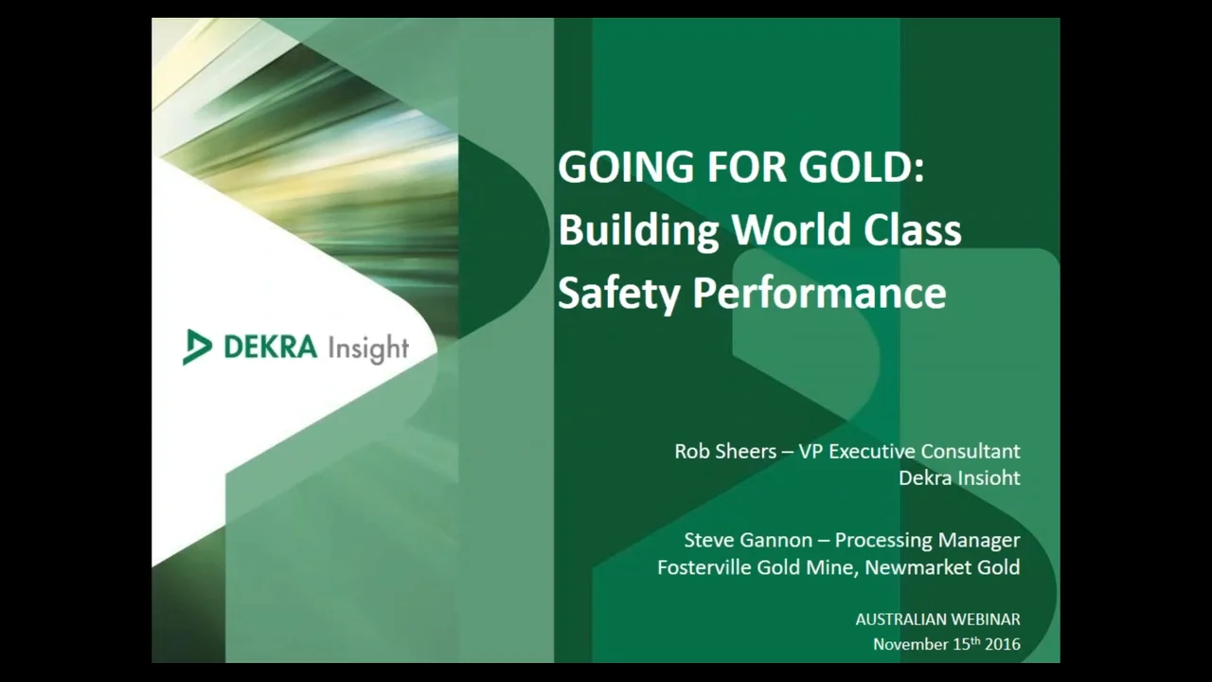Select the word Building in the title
tap(638, 230)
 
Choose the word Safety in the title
tap(618, 293)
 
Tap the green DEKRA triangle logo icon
tap(197, 347)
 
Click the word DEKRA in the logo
tap(270, 347)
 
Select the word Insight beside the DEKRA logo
tap(368, 349)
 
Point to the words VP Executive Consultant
tap(910, 451)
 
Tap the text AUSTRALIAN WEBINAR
tap(937, 619)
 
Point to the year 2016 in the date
tap(1002, 644)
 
